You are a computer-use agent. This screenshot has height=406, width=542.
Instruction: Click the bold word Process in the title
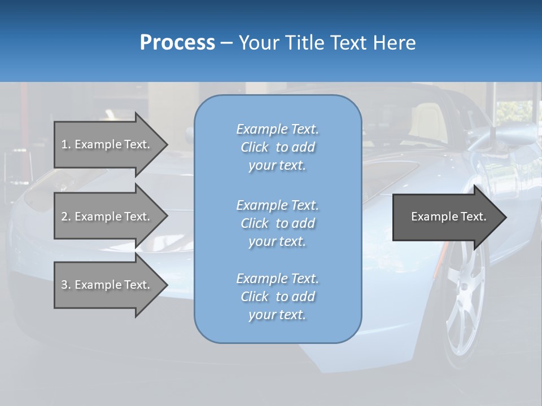[x=177, y=43]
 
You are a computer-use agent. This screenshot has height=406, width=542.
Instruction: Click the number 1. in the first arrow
[x=65, y=144]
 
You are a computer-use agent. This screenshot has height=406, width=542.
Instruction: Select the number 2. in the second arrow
[x=65, y=217]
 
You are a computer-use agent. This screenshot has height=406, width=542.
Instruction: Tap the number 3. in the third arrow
[x=65, y=285]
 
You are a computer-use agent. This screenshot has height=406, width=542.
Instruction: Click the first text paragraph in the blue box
[x=277, y=147]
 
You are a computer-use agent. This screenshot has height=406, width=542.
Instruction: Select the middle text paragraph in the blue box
[x=277, y=223]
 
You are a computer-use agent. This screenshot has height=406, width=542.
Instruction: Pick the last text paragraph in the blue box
[x=277, y=297]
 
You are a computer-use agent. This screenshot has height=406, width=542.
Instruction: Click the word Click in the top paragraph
[x=255, y=147]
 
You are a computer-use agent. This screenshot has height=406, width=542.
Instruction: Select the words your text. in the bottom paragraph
[x=277, y=315]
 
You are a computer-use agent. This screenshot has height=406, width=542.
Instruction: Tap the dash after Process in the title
[x=226, y=43]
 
